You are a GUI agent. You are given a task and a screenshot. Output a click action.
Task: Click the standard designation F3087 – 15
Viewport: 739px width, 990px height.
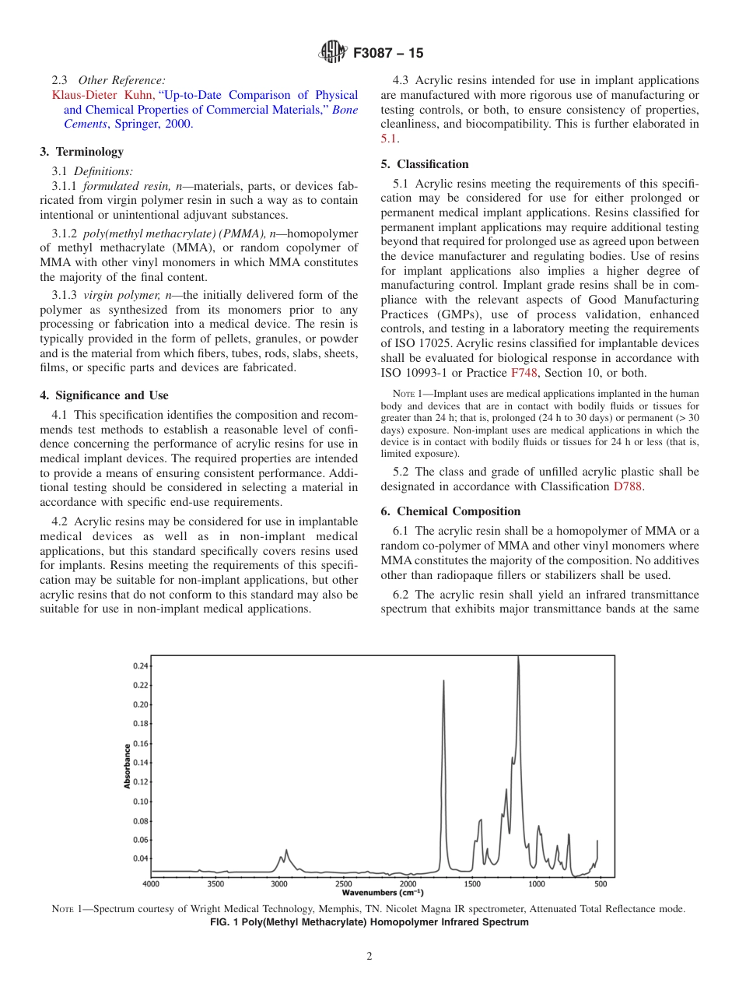[x=387, y=54]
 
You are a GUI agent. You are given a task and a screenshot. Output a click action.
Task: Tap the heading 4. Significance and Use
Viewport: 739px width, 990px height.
[x=104, y=395]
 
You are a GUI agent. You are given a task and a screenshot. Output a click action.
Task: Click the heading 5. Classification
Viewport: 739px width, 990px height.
[x=425, y=164]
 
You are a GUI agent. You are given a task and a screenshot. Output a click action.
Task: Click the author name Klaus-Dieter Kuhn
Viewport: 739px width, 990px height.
[x=103, y=96]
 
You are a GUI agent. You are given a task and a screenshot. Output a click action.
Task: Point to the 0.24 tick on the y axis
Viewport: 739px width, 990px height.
[x=140, y=666]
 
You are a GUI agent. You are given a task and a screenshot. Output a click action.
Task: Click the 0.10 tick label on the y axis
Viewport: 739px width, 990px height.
[x=140, y=802]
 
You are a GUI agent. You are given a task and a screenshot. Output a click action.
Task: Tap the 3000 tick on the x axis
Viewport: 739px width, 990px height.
[x=279, y=884]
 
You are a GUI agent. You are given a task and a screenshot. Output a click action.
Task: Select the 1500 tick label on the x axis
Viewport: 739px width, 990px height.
[x=471, y=884]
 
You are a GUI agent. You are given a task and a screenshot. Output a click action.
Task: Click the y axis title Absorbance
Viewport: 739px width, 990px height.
[x=127, y=766]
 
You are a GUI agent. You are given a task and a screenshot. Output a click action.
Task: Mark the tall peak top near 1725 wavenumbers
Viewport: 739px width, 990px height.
[x=443, y=681]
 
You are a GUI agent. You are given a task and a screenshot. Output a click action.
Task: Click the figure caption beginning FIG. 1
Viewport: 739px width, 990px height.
[x=369, y=922]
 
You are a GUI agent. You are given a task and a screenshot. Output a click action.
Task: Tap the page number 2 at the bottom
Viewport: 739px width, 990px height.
[x=369, y=957]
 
